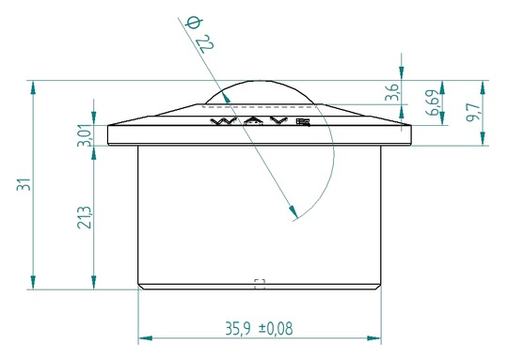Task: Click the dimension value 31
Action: (x=24, y=184)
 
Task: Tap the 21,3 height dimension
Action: (x=85, y=217)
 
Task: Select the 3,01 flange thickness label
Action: (x=85, y=136)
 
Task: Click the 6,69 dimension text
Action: (x=434, y=103)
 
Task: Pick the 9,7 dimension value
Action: (x=472, y=112)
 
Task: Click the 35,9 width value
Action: (x=238, y=329)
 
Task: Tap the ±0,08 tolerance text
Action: (x=276, y=329)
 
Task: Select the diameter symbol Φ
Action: (x=194, y=23)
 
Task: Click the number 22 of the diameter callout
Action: (x=205, y=43)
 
